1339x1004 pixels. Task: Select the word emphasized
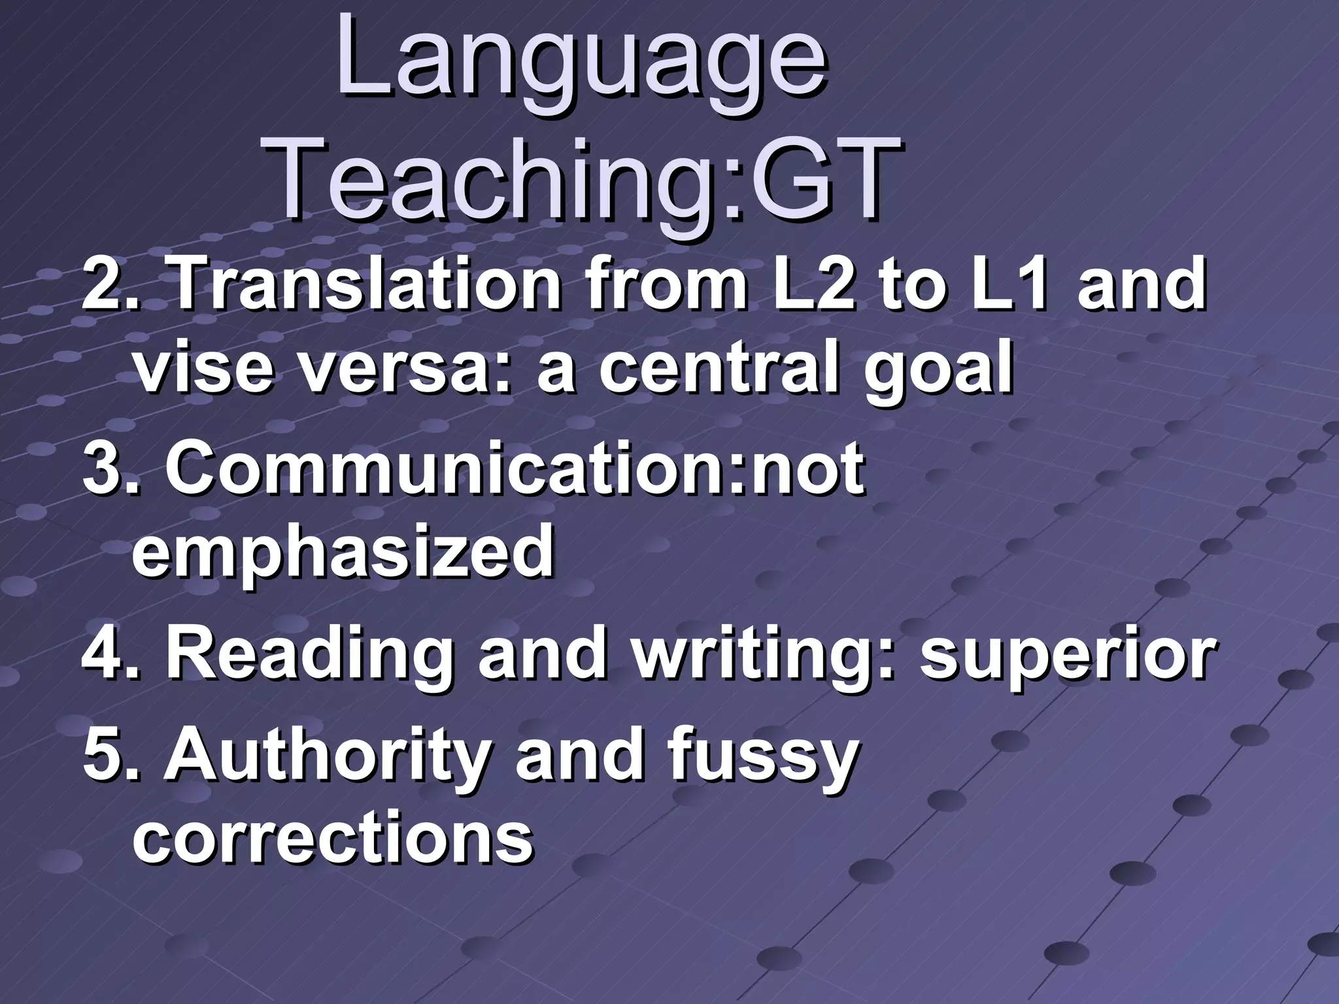click(x=344, y=554)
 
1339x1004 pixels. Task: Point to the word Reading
click(x=308, y=657)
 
